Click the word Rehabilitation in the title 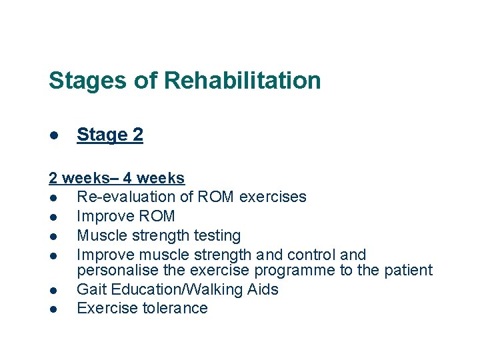[242, 81]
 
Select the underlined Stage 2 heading [110, 135]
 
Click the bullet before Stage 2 [52, 135]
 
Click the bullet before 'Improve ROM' [52, 217]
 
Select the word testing [216, 235]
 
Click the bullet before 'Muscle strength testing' [52, 236]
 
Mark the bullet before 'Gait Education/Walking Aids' [52, 290]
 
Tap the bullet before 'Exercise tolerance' [52, 309]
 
